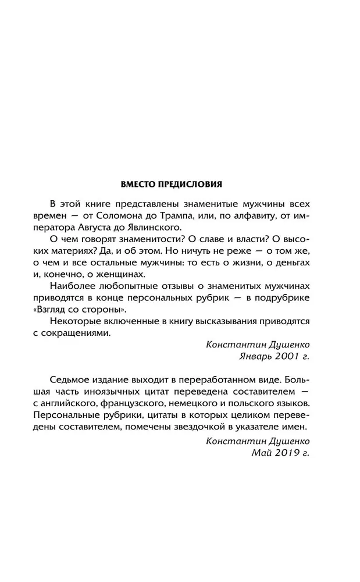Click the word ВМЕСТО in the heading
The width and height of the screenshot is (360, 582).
pos(137,184)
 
